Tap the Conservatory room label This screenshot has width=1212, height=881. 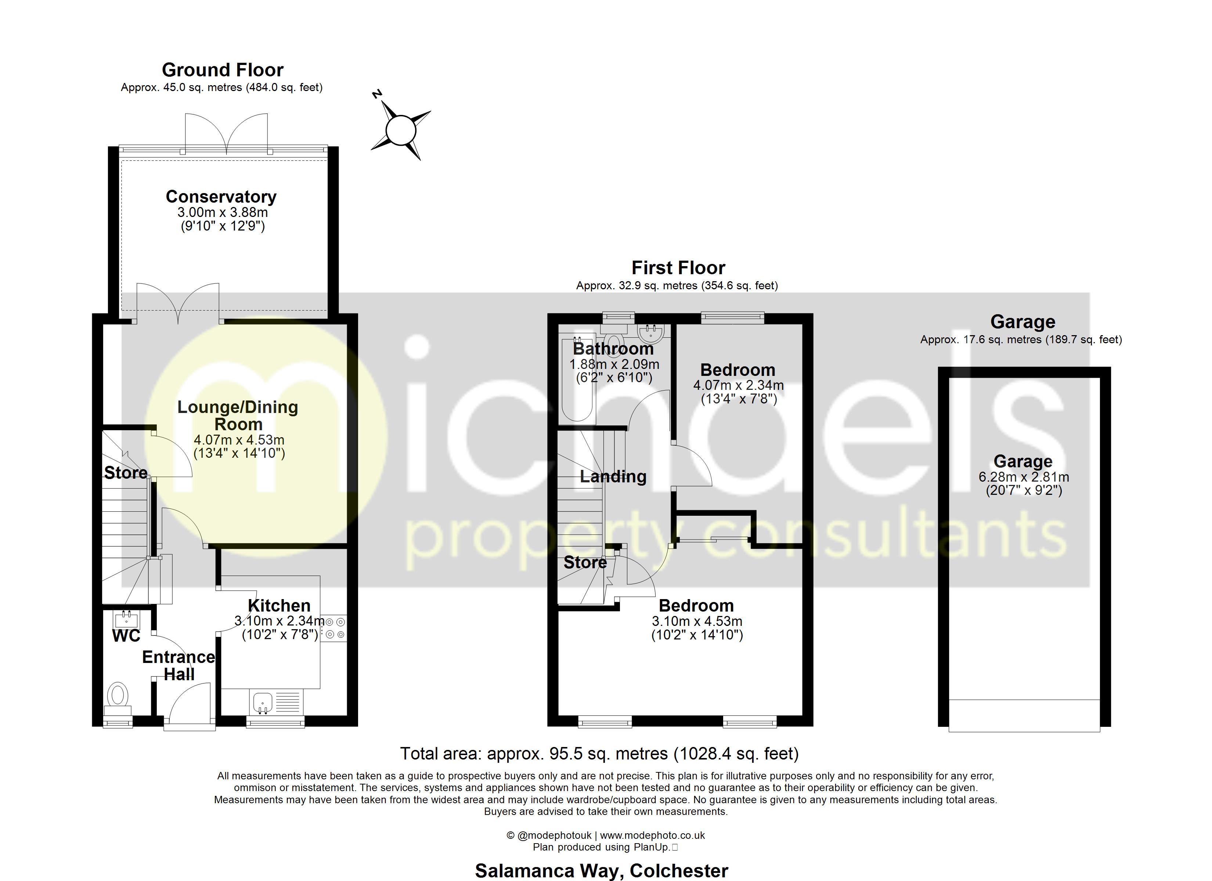click(221, 197)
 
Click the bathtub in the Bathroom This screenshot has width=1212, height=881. click(577, 378)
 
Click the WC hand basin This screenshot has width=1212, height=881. click(126, 620)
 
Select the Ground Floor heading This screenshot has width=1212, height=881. click(222, 70)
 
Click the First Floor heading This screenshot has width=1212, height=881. click(678, 268)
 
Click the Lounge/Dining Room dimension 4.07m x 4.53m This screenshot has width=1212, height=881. click(239, 440)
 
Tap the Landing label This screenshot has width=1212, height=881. click(613, 476)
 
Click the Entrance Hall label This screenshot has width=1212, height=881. click(178, 666)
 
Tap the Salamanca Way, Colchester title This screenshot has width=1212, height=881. click(601, 871)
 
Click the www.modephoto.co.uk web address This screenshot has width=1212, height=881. click(653, 835)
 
